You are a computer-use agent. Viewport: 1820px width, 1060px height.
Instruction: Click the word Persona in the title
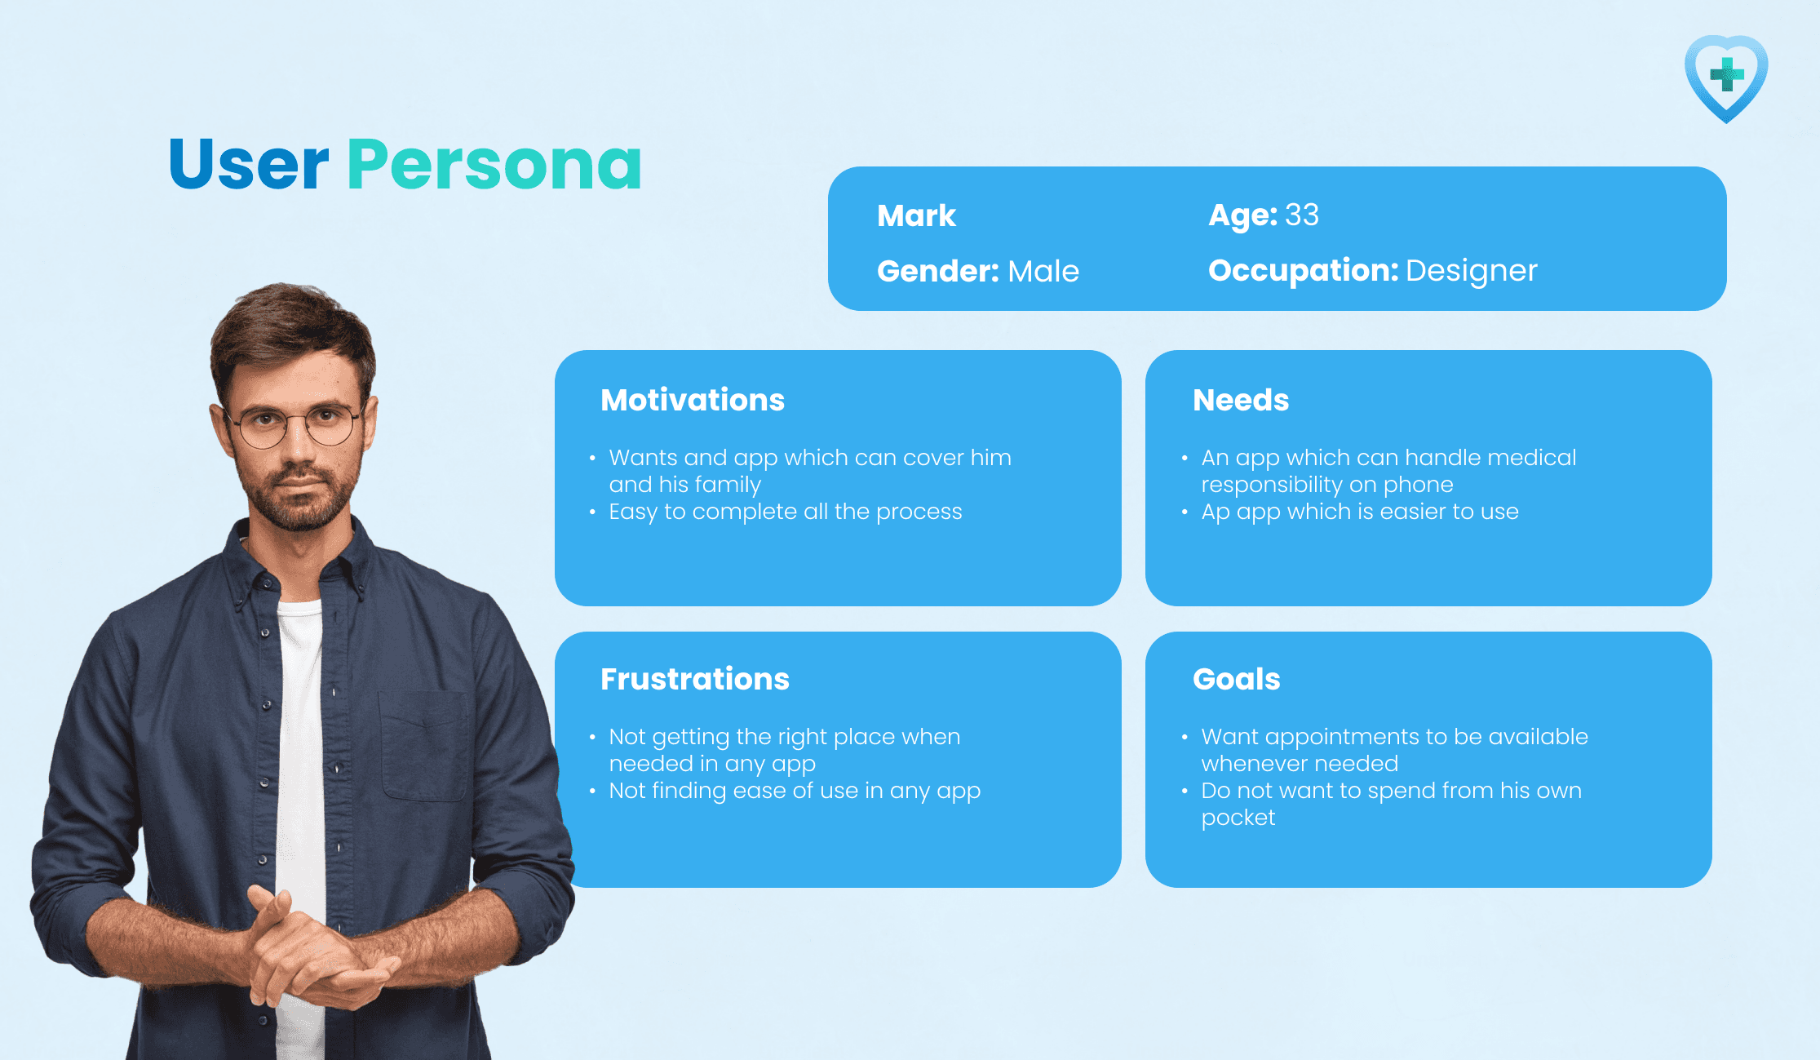pyautogui.click(x=494, y=165)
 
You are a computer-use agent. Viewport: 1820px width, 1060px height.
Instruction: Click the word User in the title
pyautogui.click(x=249, y=165)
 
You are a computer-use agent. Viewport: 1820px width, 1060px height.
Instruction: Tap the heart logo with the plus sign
pyautogui.click(x=1726, y=78)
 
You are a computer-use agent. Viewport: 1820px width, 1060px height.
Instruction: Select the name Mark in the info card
pyautogui.click(x=916, y=215)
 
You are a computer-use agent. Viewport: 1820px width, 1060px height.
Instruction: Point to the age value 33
pyautogui.click(x=1302, y=215)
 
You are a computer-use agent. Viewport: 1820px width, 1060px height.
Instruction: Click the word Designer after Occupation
pyautogui.click(x=1472, y=271)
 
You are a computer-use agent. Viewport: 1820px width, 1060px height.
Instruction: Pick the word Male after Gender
pyautogui.click(x=1043, y=271)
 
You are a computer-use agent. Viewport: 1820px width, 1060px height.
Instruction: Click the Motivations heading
pyautogui.click(x=693, y=400)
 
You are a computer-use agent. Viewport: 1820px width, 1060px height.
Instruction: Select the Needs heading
pyautogui.click(x=1241, y=400)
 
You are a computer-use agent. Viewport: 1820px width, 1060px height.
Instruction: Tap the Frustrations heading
pyautogui.click(x=695, y=679)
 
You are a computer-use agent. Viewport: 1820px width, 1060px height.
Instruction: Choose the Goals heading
pyautogui.click(x=1237, y=679)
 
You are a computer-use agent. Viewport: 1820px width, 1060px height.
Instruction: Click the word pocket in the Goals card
pyautogui.click(x=1238, y=818)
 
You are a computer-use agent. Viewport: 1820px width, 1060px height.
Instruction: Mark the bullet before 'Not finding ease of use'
pyautogui.click(x=592, y=791)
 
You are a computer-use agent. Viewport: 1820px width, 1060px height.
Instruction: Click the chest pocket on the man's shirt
pyautogui.click(x=424, y=747)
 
